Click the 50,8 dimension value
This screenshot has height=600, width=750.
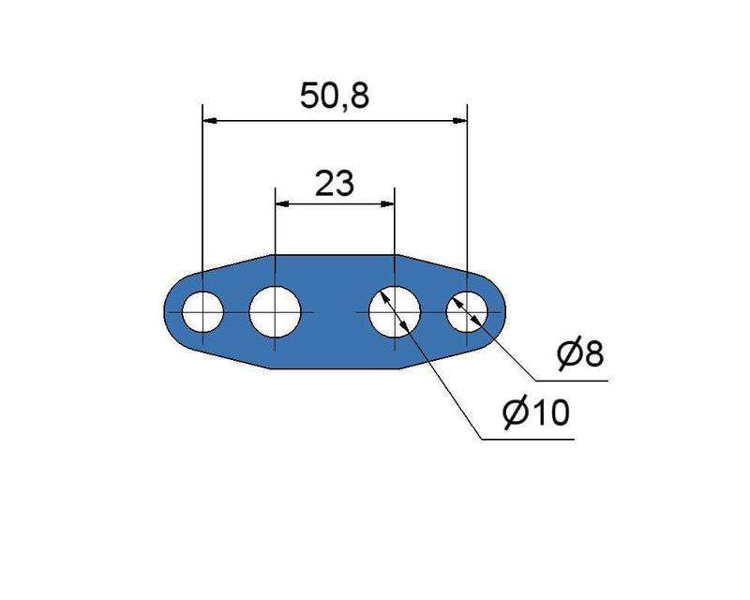[334, 97]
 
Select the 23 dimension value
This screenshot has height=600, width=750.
[334, 183]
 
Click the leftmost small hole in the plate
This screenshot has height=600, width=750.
[202, 311]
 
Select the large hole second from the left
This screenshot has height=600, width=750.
[274, 311]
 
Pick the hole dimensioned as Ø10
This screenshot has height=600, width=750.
[395, 311]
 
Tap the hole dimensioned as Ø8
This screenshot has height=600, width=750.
[467, 311]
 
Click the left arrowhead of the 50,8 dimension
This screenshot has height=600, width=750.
[209, 120]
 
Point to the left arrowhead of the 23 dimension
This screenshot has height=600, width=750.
[280, 204]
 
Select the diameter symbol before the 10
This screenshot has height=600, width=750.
[515, 412]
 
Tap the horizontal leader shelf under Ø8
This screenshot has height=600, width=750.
[572, 381]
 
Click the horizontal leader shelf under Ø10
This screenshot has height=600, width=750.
[525, 438]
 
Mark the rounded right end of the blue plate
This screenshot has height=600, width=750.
[503, 311]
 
